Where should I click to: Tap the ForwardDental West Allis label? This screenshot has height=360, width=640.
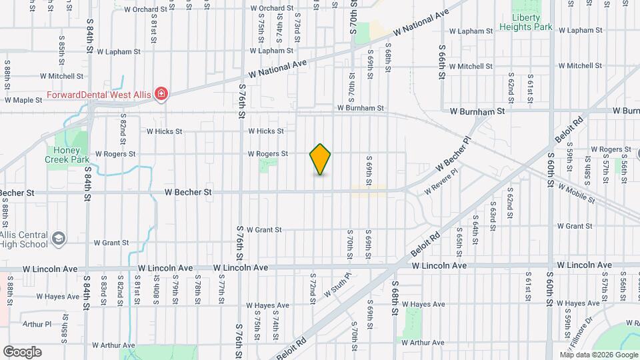(x=99, y=95)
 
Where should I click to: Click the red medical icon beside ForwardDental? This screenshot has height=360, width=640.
(x=161, y=95)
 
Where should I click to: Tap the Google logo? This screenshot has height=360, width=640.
(x=22, y=352)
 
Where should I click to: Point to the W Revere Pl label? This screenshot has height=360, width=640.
(x=442, y=181)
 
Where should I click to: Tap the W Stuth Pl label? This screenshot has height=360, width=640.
(x=337, y=285)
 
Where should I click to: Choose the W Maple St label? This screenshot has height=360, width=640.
(x=23, y=100)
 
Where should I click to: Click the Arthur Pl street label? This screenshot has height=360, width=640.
(x=37, y=325)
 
